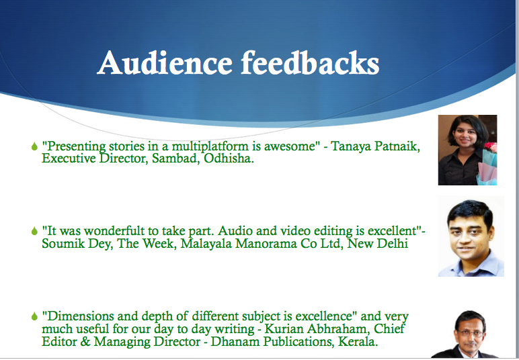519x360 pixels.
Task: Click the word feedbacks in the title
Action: (310, 62)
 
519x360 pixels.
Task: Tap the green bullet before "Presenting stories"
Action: (34, 146)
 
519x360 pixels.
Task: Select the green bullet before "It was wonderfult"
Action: (34, 231)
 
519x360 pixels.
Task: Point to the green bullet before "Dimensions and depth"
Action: (34, 316)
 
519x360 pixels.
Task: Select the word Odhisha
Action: (229, 159)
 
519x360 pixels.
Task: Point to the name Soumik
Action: (60, 244)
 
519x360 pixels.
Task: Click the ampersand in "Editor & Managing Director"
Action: (85, 341)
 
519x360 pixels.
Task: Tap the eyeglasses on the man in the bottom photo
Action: (471, 334)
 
